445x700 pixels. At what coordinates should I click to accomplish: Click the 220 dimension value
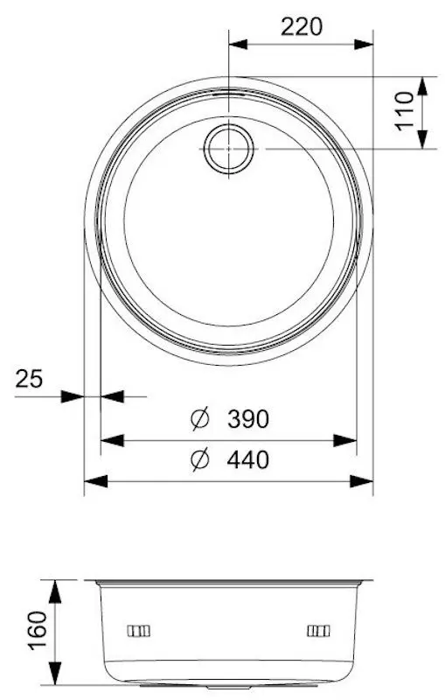[301, 26]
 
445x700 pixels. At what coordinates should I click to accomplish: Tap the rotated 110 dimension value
[403, 112]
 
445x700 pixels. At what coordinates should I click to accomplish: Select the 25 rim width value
[29, 379]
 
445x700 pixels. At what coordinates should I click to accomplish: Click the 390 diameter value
[247, 419]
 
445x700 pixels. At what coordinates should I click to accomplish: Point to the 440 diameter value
[247, 458]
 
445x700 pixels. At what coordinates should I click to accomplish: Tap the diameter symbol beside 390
[200, 419]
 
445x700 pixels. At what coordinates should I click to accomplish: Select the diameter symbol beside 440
[200, 458]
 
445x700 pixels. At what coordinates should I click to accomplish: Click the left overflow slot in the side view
[139, 631]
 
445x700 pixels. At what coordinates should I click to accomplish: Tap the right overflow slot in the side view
[318, 631]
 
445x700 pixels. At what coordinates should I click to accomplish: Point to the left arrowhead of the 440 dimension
[94, 480]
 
